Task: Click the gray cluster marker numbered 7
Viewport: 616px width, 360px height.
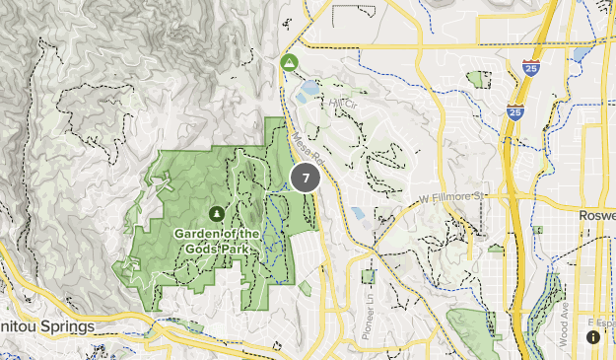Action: pyautogui.click(x=306, y=179)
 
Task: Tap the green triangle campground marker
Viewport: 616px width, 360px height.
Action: pyautogui.click(x=289, y=63)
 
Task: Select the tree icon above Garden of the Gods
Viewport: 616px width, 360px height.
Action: pyautogui.click(x=217, y=212)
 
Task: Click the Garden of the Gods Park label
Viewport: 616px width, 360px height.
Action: pyautogui.click(x=217, y=240)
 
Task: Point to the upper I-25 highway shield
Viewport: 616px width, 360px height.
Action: pyautogui.click(x=530, y=68)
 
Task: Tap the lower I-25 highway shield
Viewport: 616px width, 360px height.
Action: pyautogui.click(x=514, y=111)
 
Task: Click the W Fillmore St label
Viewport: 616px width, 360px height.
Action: pyautogui.click(x=452, y=197)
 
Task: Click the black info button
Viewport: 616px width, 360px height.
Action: pyautogui.click(x=593, y=336)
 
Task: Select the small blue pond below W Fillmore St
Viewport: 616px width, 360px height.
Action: pyautogui.click(x=356, y=212)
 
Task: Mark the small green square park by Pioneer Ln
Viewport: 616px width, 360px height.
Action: pyautogui.click(x=368, y=277)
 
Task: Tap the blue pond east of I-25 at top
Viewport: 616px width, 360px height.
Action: pyautogui.click(x=582, y=53)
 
